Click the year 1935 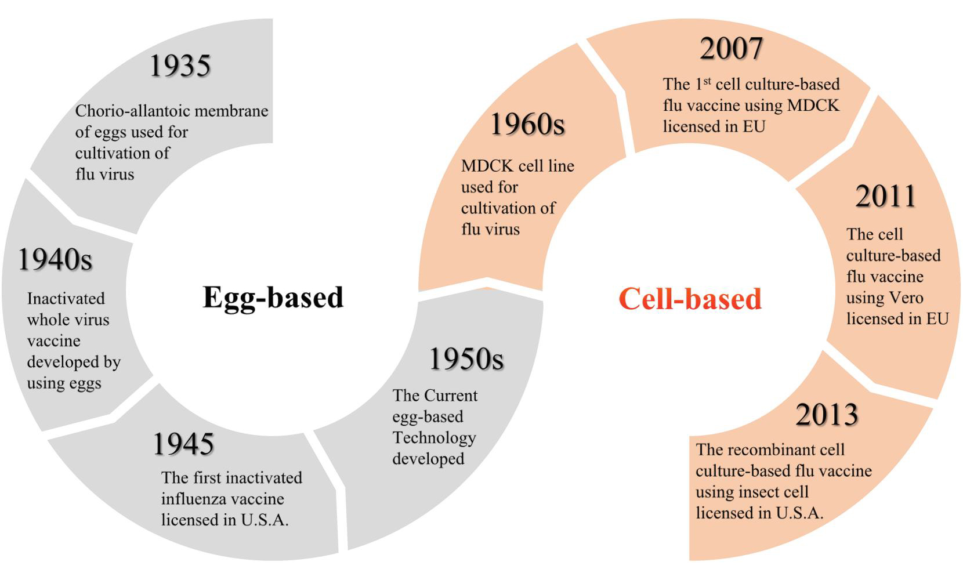point(180,66)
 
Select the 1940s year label point(55,259)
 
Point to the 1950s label point(466,358)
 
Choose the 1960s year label point(527,124)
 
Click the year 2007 point(732,48)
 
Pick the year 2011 point(885,196)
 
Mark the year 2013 point(827,415)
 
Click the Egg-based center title point(273,298)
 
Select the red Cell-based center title point(690,299)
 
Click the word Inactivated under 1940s point(66,298)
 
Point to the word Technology point(434,438)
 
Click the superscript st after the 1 point(707,81)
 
